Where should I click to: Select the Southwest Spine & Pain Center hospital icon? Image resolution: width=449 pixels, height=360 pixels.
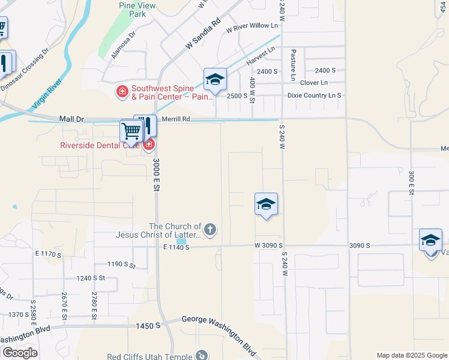coord(122,91)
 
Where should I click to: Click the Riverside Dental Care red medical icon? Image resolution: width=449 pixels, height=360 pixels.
coord(148,145)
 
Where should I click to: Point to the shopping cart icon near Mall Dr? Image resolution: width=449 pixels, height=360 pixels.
coord(130,130)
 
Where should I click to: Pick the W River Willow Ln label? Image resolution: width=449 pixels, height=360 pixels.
coord(252,25)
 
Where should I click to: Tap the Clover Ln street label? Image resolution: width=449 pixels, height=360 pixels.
coord(314,83)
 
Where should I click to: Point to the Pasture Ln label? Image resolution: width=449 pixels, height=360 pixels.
coord(294,65)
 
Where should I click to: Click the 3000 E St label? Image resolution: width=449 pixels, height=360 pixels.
coord(155,175)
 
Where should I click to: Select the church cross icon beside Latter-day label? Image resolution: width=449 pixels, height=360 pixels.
coord(210,229)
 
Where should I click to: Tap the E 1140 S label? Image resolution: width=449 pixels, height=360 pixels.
coord(176,247)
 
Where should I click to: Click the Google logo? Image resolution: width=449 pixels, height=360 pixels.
coord(20,353)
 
